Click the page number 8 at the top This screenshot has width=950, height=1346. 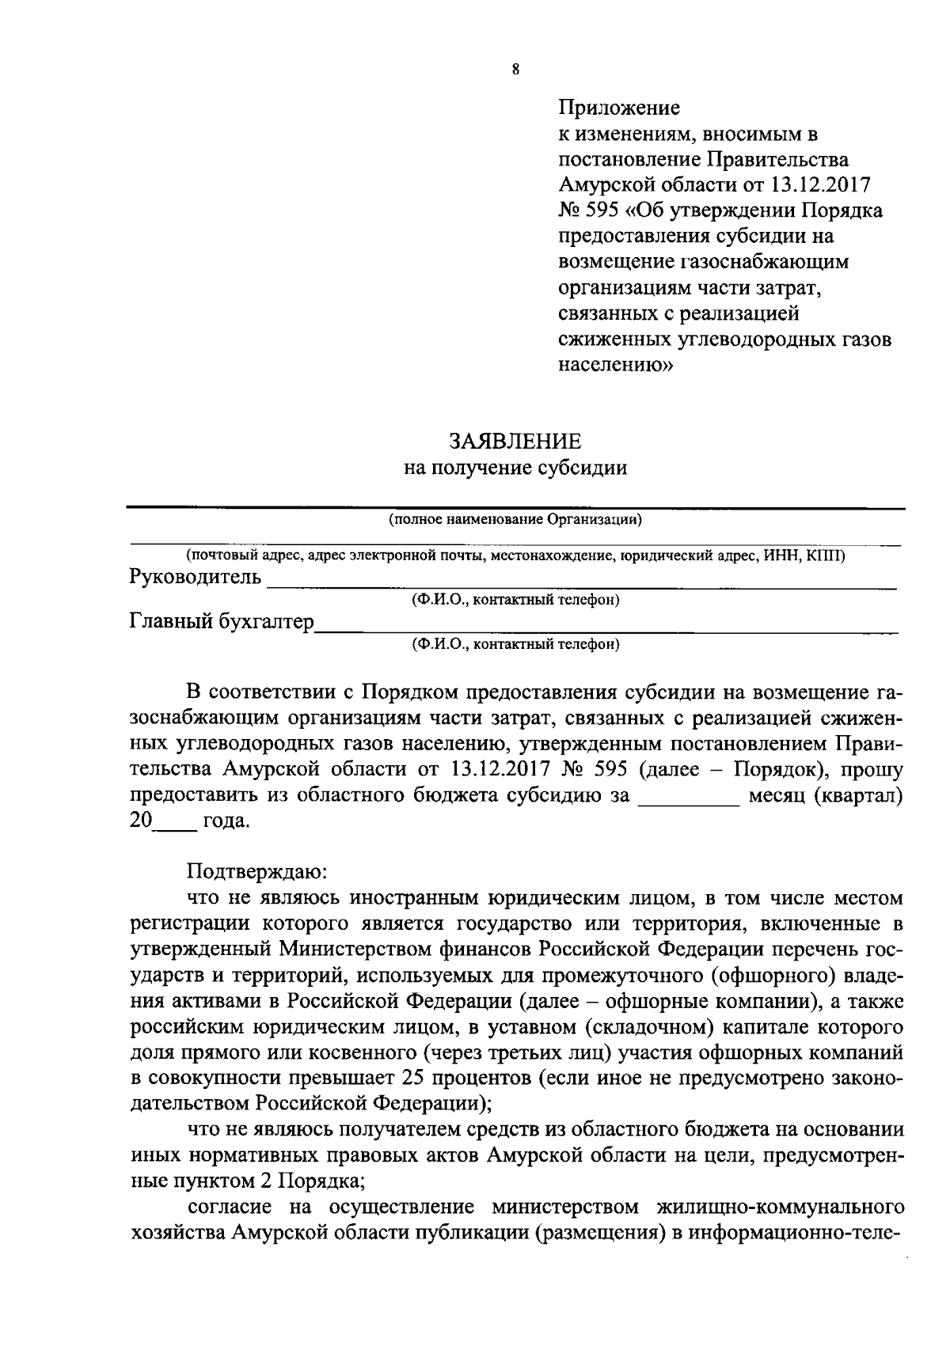[x=515, y=70]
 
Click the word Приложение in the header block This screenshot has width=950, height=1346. [x=619, y=107]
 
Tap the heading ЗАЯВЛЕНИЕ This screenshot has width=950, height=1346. [x=515, y=441]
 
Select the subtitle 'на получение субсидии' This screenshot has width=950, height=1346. [x=515, y=468]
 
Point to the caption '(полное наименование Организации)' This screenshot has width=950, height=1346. [x=515, y=520]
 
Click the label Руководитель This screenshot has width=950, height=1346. [x=195, y=577]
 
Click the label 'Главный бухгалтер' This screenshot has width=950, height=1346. [x=221, y=622]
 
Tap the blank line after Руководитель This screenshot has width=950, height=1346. [x=582, y=584]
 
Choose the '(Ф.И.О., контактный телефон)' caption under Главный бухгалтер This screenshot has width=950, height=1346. [x=515, y=644]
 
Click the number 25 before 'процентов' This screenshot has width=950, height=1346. [x=415, y=1078]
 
